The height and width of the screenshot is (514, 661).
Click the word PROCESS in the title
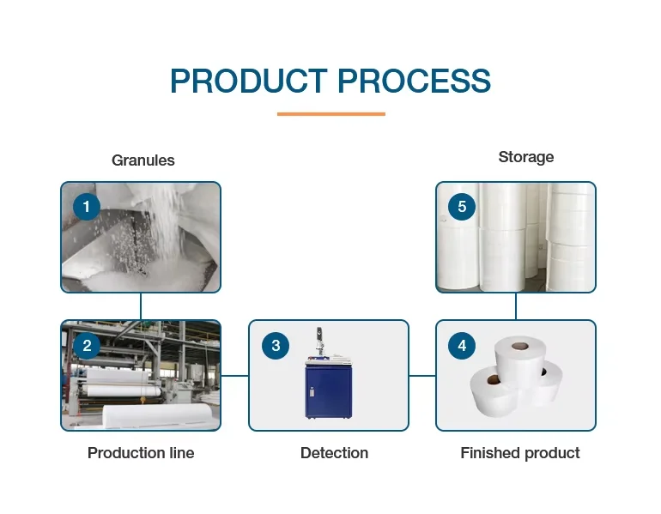[414, 82]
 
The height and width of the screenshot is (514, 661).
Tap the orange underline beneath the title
[330, 113]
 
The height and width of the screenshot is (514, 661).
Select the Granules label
[143, 160]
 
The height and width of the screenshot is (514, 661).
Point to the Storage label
[525, 157]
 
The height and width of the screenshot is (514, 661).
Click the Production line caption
[141, 453]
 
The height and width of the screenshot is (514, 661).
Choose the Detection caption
[334, 453]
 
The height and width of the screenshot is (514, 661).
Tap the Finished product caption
[520, 453]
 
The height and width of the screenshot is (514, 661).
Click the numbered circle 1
[87, 207]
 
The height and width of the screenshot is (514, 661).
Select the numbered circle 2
[87, 346]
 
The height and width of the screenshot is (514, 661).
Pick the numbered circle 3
[276, 346]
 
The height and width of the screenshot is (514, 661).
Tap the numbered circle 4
[463, 346]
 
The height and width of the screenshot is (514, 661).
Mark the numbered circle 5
[463, 207]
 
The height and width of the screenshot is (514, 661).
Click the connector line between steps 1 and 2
[141, 306]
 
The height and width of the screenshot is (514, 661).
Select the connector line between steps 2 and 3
[234, 375]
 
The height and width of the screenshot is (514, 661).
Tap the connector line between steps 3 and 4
[421, 375]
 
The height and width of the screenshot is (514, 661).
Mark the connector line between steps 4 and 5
[516, 306]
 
